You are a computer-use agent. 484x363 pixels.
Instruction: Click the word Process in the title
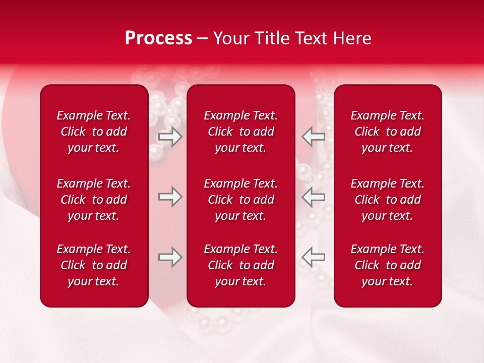158,38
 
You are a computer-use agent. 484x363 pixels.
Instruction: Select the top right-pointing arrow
170,137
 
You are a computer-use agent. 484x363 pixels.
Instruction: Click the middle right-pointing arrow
170,197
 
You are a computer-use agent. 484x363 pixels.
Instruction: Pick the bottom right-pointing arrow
170,257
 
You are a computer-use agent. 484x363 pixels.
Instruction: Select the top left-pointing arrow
313,137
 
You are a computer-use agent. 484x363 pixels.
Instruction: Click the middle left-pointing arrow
313,197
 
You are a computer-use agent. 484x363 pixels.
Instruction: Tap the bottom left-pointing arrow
313,257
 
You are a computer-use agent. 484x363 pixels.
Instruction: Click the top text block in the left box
94,132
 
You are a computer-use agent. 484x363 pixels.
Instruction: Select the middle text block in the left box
94,200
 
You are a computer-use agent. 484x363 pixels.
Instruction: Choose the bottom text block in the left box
94,265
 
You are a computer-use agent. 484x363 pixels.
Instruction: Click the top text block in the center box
241,132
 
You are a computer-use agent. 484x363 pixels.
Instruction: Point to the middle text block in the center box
241,200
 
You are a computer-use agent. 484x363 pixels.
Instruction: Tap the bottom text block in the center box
241,265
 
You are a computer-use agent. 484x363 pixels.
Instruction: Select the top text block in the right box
388,132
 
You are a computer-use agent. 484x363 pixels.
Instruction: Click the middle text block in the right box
388,200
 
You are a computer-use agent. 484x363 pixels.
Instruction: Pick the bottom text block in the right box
388,265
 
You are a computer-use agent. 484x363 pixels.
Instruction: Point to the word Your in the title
230,38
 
